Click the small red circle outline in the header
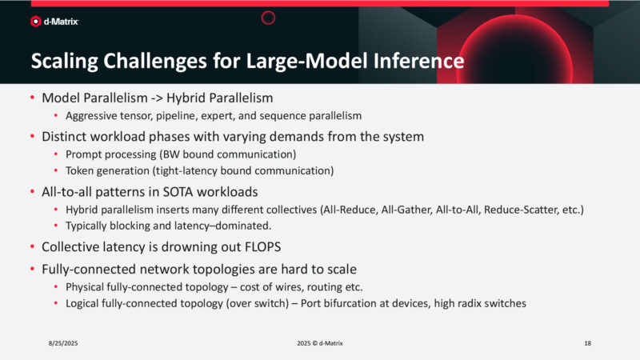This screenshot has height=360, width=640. [269, 17]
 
